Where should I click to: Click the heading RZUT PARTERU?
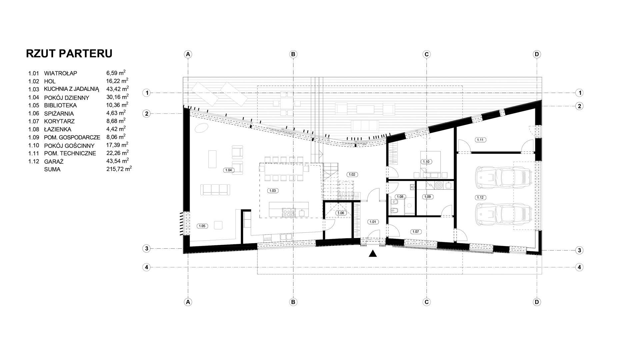tap(69, 53)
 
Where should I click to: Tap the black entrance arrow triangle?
tap(373, 254)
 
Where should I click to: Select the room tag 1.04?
tap(228, 170)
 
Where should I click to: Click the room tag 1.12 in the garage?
tap(480, 197)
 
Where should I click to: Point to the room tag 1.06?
tap(341, 213)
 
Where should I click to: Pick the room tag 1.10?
tap(426, 162)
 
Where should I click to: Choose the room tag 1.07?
tap(415, 231)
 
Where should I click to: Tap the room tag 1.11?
tap(480, 140)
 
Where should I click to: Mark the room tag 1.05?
tap(202, 226)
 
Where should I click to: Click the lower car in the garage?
tap(503, 214)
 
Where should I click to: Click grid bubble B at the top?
tap(293, 54)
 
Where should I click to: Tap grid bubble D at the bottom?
tap(537, 302)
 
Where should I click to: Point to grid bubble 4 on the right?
tap(580, 267)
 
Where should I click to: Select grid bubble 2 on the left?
tap(146, 114)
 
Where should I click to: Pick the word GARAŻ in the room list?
tap(54, 161)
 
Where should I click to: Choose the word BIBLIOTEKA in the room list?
tap(60, 105)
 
